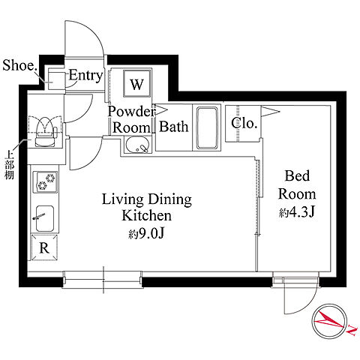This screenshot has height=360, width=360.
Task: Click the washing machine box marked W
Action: (x=137, y=83)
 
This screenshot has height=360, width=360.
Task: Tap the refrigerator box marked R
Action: (x=44, y=247)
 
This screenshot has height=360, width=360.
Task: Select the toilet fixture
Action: (x=45, y=131)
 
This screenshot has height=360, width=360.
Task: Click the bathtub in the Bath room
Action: (x=207, y=127)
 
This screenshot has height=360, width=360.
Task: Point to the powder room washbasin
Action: (x=137, y=145)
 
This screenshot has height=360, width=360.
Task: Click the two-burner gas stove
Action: (x=45, y=181)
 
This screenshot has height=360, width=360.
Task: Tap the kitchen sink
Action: (x=45, y=218)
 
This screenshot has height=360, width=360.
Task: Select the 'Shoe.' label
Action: (x=19, y=65)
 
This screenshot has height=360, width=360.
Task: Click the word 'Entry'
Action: (x=85, y=75)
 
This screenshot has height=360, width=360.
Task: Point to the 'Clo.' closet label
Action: (x=244, y=123)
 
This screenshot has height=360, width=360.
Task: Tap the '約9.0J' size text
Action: (x=146, y=234)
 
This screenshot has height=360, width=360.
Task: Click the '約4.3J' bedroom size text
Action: (x=296, y=212)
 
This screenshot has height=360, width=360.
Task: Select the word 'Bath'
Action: (x=173, y=127)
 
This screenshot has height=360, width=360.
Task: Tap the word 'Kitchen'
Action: (x=147, y=215)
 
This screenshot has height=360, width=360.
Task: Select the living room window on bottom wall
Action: (x=103, y=280)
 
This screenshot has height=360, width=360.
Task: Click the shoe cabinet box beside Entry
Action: (x=56, y=80)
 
